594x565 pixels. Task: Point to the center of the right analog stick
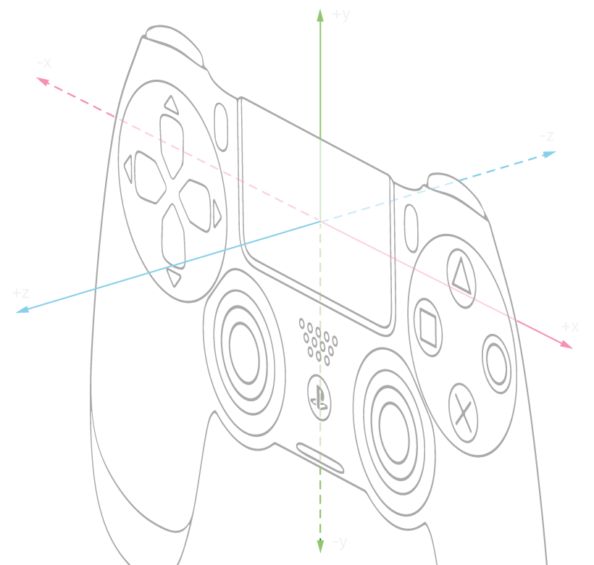(393, 422)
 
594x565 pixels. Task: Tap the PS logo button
(319, 395)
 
